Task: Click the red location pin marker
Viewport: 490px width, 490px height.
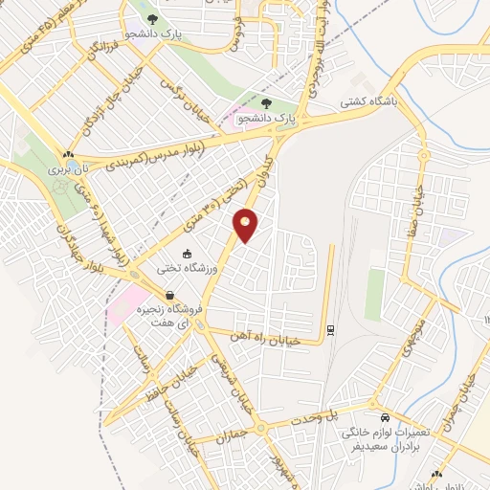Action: pyautogui.click(x=246, y=225)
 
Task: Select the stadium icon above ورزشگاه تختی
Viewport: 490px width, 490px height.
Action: pyautogui.click(x=189, y=254)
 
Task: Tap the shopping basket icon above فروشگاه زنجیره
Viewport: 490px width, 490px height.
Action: pyautogui.click(x=169, y=296)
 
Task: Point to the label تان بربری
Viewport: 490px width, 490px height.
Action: pyautogui.click(x=68, y=169)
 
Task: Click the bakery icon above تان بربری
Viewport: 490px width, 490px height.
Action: pyautogui.click(x=68, y=154)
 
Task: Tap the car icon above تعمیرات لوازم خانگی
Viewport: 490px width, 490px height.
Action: pyautogui.click(x=384, y=419)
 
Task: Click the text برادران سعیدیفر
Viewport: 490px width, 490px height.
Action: pyautogui.click(x=385, y=447)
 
